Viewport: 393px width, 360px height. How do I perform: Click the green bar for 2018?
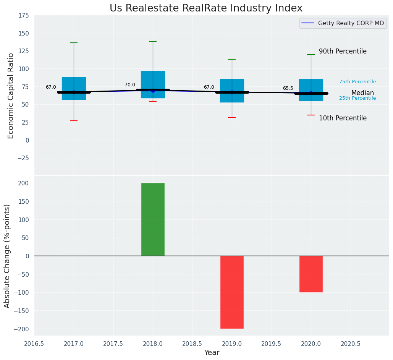[153, 219]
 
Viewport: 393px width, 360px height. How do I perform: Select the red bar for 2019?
[232, 292]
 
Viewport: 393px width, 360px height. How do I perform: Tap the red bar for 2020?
[311, 274]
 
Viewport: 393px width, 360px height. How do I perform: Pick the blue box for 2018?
[153, 81]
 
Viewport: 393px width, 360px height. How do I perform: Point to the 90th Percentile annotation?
[343, 51]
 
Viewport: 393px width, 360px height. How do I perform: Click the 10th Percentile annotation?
[343, 118]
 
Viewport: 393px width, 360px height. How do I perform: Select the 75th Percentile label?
[357, 82]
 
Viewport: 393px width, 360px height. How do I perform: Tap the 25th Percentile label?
[357, 98]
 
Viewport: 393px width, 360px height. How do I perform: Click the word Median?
[362, 93]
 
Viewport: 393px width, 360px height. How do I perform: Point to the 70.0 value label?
[130, 85]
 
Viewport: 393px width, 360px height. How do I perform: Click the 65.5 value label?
[288, 88]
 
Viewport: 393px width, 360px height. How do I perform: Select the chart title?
[206, 8]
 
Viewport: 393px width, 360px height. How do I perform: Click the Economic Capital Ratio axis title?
[11, 96]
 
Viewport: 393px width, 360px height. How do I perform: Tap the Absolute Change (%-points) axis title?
[7, 256]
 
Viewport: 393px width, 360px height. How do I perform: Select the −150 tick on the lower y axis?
[21, 311]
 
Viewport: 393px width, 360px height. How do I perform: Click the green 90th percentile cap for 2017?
[74, 43]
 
